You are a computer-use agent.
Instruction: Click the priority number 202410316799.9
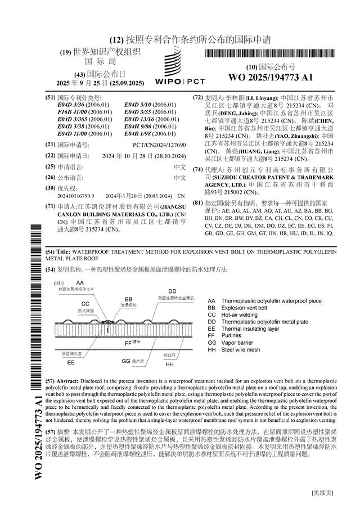[x=76, y=196]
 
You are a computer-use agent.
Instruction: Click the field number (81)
[x=197, y=202]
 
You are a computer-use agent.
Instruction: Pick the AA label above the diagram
[x=80, y=282]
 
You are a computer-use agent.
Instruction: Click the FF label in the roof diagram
[x=128, y=342]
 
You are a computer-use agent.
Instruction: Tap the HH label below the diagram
[x=169, y=364]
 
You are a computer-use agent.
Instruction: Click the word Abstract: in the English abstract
[x=70, y=381]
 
